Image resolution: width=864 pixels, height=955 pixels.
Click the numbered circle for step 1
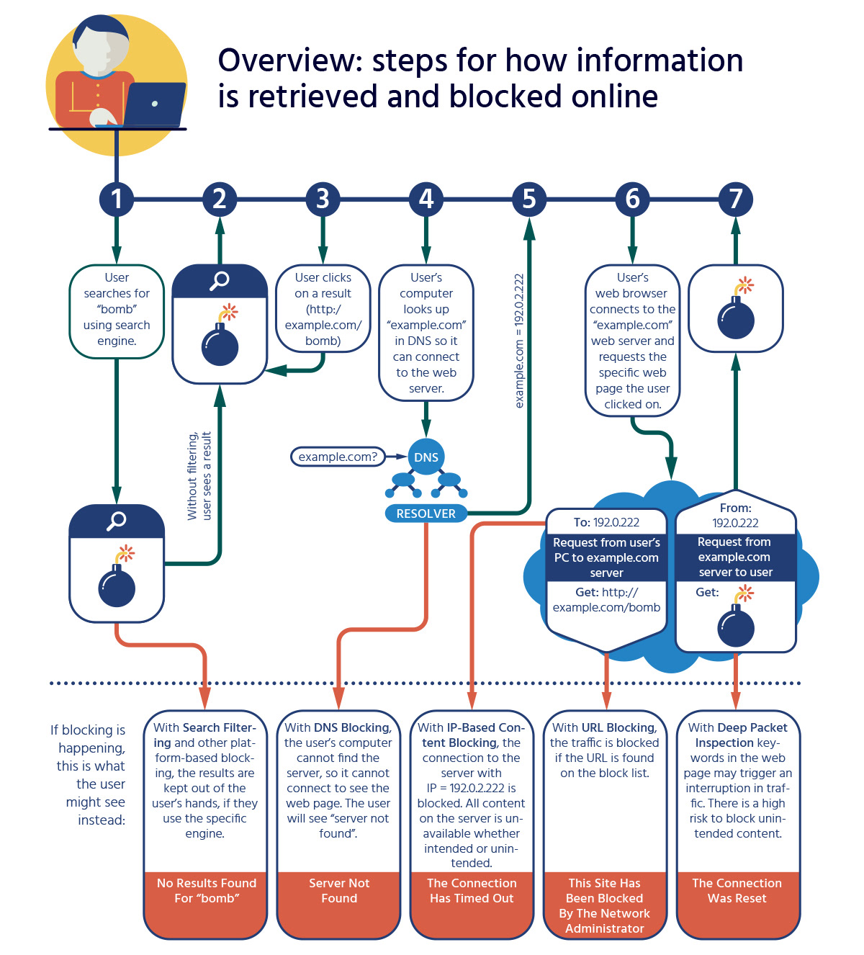117,199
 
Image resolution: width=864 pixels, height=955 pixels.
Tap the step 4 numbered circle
426,199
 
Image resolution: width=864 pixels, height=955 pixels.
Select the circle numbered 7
735,199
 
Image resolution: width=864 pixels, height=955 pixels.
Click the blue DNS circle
426,457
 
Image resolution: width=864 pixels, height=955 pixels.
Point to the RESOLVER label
426,514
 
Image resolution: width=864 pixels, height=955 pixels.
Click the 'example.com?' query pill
338,457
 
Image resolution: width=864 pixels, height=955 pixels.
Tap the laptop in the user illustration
154,104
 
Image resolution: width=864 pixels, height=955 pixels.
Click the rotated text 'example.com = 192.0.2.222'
519,341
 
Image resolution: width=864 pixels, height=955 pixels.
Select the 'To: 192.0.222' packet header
606,522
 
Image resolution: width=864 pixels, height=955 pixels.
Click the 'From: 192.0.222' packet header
735,516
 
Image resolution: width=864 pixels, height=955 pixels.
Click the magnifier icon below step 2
220,281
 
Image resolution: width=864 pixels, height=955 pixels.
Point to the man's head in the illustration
102,45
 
